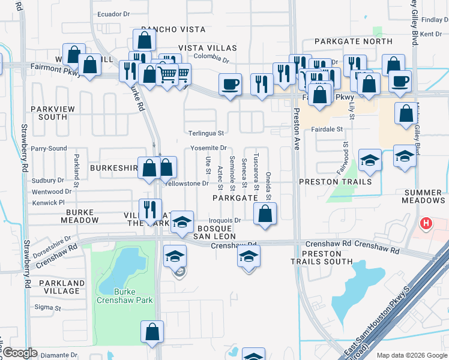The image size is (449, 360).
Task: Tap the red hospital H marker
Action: tap(426, 224)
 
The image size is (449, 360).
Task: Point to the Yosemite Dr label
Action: tap(208, 148)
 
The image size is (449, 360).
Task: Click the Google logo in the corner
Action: tap(20, 353)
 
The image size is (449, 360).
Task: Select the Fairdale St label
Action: tap(327, 129)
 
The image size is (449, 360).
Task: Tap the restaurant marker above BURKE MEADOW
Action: tap(149, 210)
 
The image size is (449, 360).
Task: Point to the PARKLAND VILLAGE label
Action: tap(62, 287)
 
